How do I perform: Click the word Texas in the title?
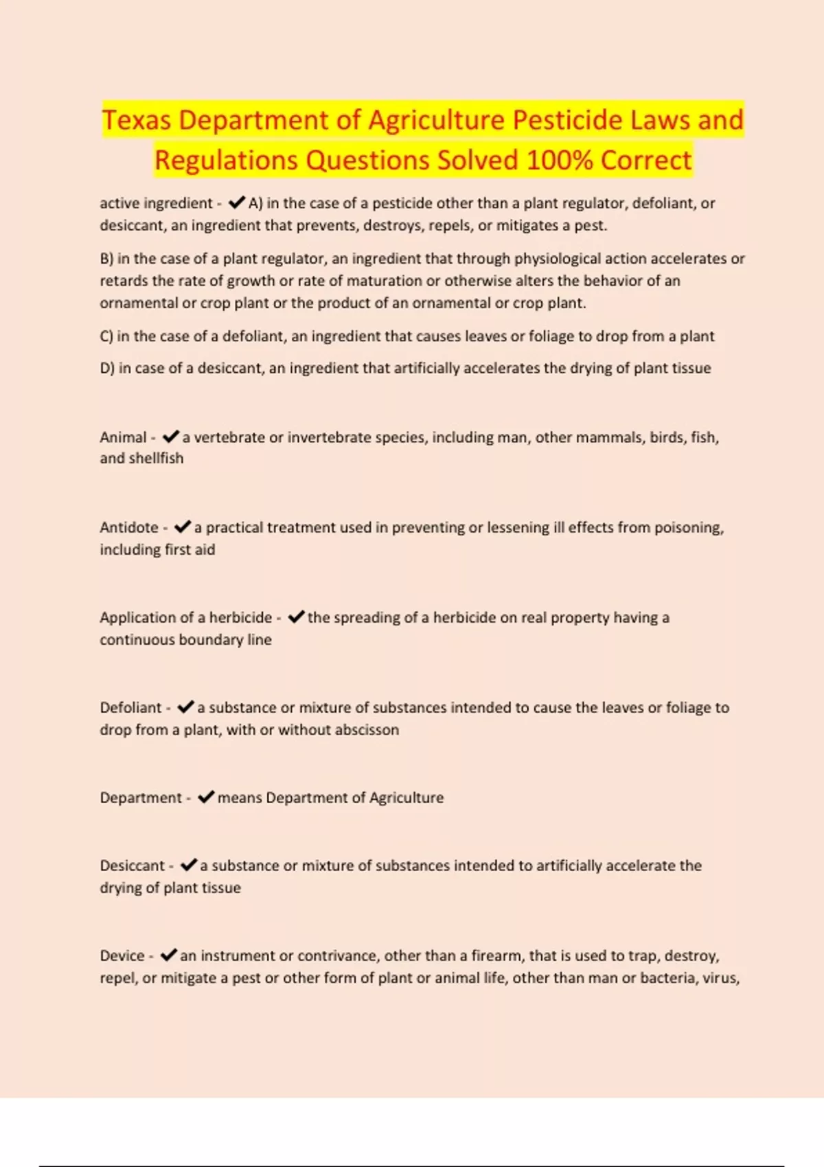pos(137,120)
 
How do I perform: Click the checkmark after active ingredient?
pos(237,203)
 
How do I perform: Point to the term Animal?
pos(123,437)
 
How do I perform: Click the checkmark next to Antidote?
pos(183,527)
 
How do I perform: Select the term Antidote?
pos(129,527)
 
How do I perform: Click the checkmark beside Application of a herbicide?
pos(296,617)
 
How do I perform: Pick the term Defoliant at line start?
pos(130,708)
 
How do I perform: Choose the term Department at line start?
pos(141,798)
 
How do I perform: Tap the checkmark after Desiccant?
pos(189,866)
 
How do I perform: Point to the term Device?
pos(122,956)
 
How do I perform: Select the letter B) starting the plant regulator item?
pos(106,259)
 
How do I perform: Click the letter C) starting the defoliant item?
pos(106,336)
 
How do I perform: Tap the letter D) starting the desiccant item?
pos(107,369)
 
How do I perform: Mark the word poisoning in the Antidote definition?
pos(688,528)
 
